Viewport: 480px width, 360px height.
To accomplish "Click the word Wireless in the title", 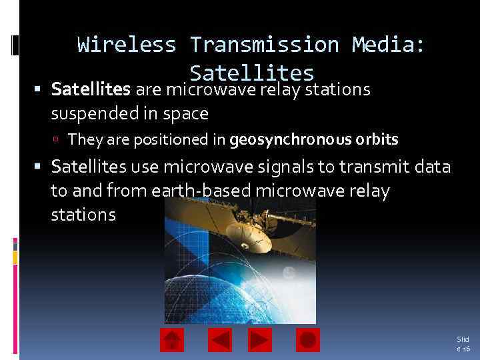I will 127,45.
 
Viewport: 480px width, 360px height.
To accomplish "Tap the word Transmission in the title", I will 264,45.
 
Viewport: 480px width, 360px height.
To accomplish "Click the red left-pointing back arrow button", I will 220,340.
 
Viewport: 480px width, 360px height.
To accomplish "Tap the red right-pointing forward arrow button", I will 260,340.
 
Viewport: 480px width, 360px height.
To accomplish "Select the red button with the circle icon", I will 308,340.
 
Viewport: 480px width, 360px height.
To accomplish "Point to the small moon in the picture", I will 288,273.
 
